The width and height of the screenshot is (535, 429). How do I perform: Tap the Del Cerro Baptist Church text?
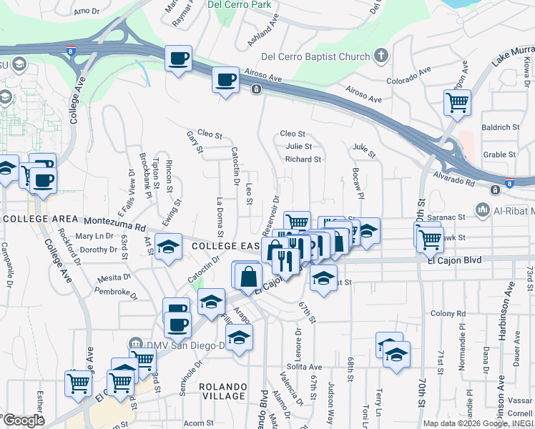pos(316,56)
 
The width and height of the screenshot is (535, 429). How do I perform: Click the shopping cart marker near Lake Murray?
pos(457,102)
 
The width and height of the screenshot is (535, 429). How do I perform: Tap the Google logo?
pos(24,420)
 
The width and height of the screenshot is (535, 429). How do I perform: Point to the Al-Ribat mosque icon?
pos(481,211)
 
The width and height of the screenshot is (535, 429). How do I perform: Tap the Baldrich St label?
pos(500,127)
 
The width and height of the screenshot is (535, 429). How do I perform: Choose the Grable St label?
pos(499,154)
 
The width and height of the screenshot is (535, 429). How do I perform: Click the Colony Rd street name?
pos(448,313)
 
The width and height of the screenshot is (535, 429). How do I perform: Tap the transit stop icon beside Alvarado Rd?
pos(495,189)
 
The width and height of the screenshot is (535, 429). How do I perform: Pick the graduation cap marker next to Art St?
pos(167,247)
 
